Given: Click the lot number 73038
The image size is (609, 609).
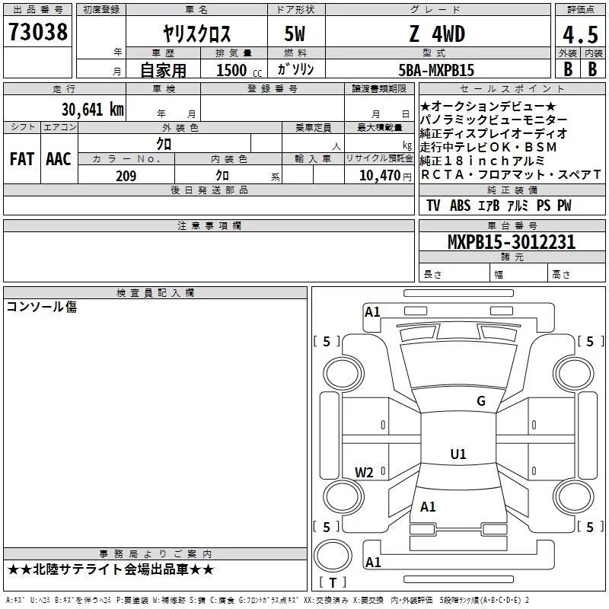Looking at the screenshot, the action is point(37,32).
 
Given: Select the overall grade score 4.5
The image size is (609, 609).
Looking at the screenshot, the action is point(580,35).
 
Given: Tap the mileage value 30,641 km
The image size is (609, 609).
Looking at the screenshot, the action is point(92,109).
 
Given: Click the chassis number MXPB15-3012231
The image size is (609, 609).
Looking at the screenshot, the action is point(512,242).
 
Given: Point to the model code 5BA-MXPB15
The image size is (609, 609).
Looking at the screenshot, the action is point(436,70).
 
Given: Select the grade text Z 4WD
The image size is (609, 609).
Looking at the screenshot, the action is point(437,33).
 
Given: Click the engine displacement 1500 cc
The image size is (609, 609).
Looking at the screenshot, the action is point(239,70).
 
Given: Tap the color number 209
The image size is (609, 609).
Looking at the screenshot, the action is point(126,176).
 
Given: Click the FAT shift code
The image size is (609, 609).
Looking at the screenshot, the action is point(22,159).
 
